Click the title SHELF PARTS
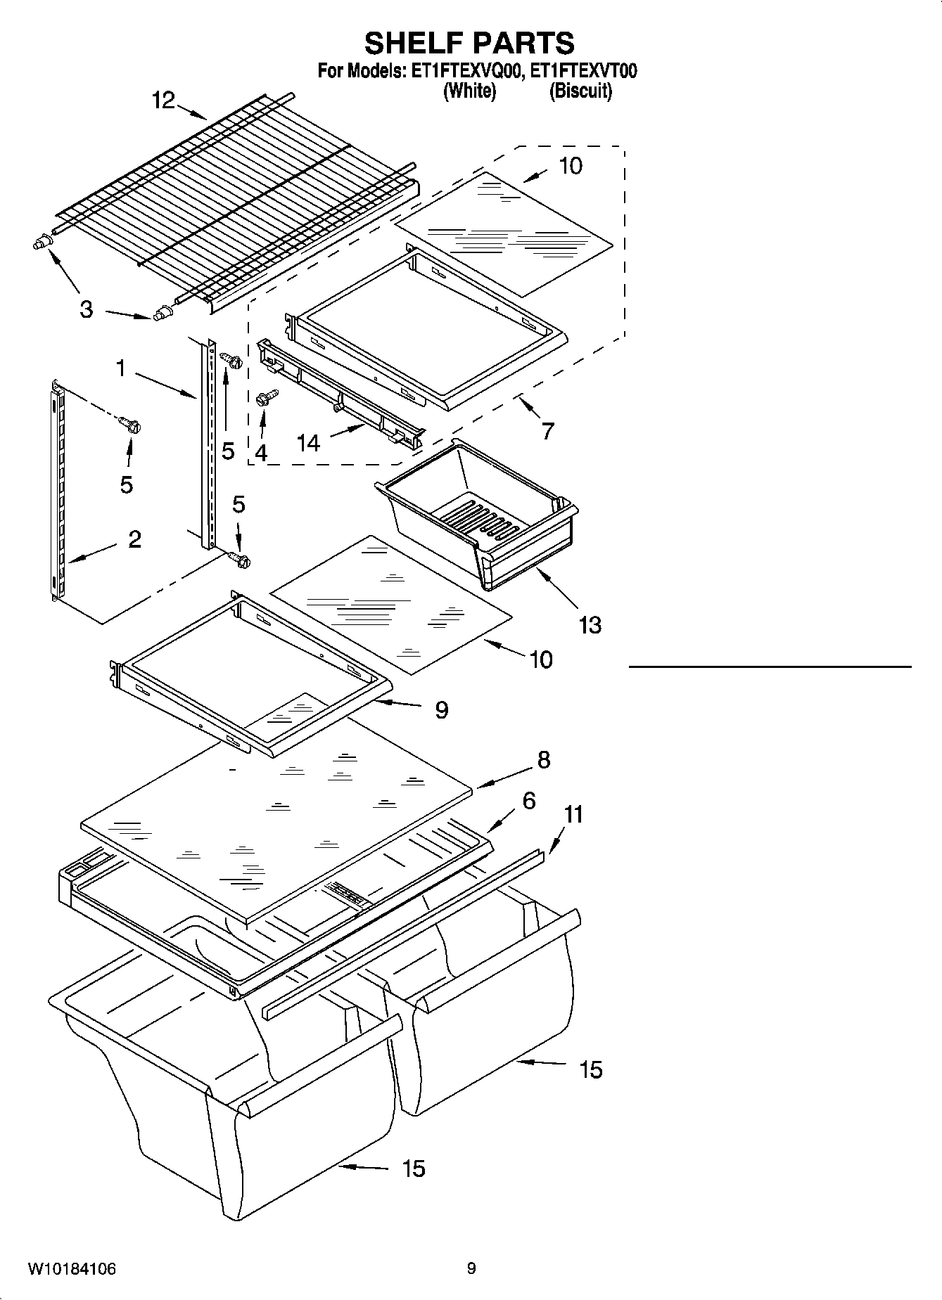(469, 44)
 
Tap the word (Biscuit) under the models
(580, 91)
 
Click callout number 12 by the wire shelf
(163, 101)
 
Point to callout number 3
(86, 309)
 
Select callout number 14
(308, 443)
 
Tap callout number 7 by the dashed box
(547, 430)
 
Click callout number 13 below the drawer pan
(590, 624)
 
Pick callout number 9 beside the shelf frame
(441, 710)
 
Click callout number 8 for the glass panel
(543, 760)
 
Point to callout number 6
(528, 801)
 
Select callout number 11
(574, 815)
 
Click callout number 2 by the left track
(134, 539)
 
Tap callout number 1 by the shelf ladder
(120, 368)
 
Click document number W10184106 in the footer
(72, 1269)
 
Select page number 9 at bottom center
(471, 1268)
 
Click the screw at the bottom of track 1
(240, 559)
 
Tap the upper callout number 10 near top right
(570, 166)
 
